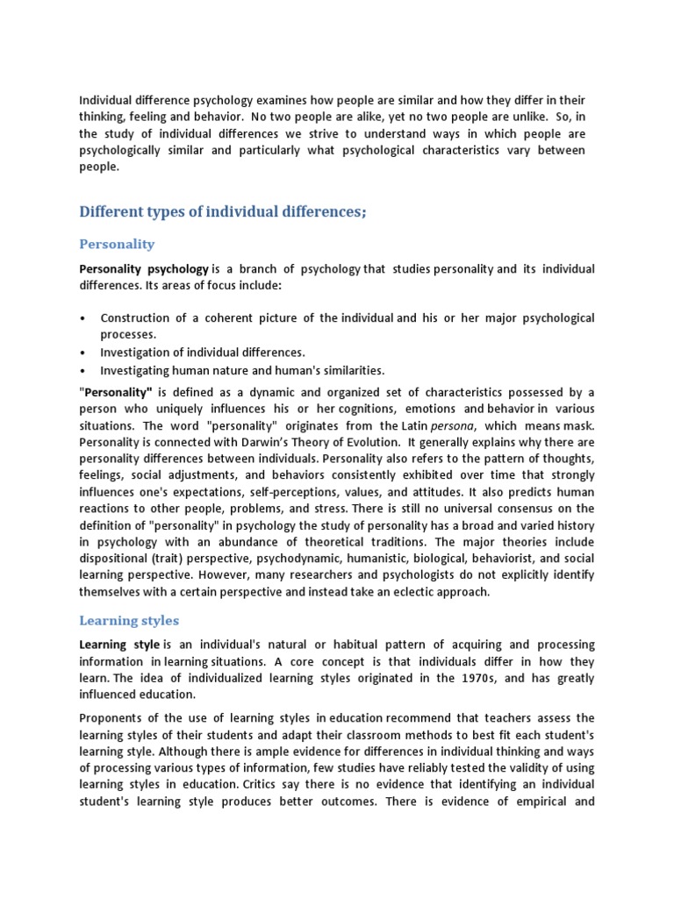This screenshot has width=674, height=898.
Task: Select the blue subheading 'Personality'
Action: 117,243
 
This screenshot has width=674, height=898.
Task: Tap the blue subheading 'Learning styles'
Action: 129,620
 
